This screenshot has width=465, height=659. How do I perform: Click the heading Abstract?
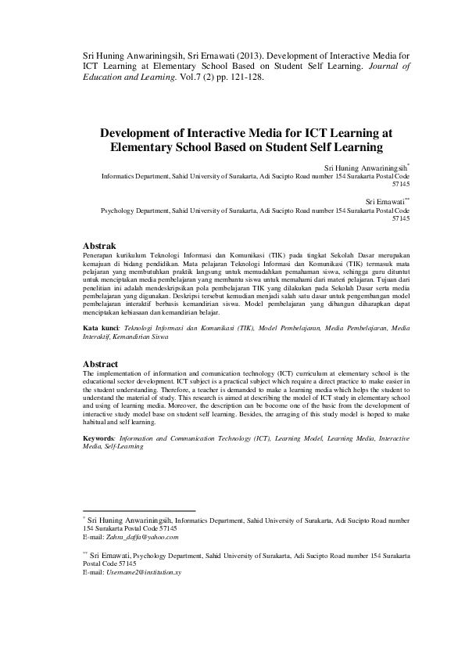click(x=100, y=365)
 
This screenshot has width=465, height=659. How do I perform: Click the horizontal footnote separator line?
click(x=139, y=510)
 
